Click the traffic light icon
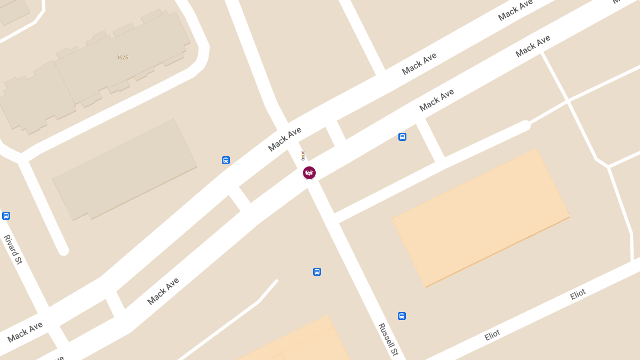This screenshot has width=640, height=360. (x=303, y=156)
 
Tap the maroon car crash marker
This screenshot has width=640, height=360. (x=309, y=173)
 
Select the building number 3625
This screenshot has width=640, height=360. (x=122, y=58)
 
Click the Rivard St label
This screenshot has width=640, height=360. (x=13, y=250)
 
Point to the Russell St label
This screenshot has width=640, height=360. (x=388, y=339)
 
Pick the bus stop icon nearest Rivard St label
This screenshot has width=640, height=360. (x=6, y=216)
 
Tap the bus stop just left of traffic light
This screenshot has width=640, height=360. (x=226, y=160)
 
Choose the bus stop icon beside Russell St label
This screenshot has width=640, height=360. (x=402, y=316)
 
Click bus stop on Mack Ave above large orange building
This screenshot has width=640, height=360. (x=402, y=137)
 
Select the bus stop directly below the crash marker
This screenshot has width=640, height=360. (x=317, y=271)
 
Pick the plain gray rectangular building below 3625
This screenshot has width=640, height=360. (x=125, y=168)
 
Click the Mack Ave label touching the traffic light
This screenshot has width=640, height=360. (x=285, y=139)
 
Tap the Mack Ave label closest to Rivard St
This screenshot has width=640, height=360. (x=25, y=332)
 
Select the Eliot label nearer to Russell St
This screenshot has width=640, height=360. (x=492, y=335)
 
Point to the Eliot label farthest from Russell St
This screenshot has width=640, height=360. (x=578, y=294)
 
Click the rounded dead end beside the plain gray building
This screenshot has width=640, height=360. (x=63, y=250)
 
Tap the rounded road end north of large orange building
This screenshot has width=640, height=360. (x=525, y=126)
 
